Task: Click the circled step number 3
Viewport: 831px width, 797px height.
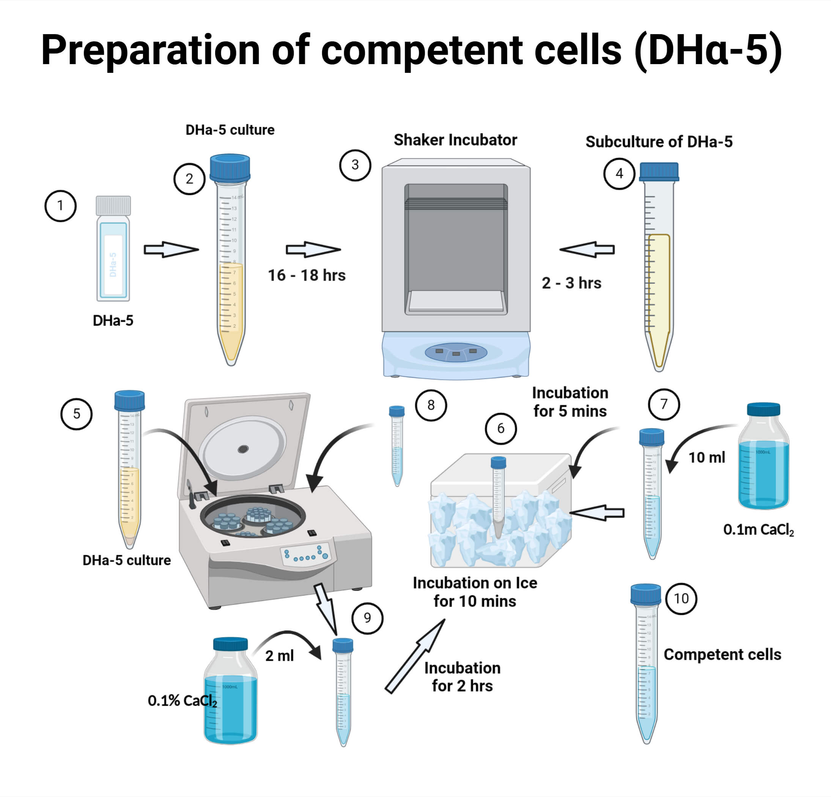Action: coord(355,165)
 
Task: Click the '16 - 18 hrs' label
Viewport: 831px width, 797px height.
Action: coord(307,275)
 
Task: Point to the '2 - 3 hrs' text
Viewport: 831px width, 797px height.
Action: coord(571,283)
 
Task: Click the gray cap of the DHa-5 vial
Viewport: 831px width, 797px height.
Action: coord(113,205)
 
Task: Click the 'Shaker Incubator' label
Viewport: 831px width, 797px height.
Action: coord(455,140)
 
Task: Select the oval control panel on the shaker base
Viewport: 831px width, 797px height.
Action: coord(456,352)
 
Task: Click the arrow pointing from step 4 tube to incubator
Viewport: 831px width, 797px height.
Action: coord(587,249)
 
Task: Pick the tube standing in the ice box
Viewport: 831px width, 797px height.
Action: coord(498,496)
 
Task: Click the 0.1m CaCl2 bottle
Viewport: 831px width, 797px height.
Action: coord(763,466)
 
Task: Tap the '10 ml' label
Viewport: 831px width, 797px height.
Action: coord(707,457)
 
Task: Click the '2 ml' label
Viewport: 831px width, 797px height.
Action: coord(279,656)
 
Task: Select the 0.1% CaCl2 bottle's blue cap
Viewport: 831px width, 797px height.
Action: coord(230,643)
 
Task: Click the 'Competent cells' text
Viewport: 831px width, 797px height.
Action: coord(722,654)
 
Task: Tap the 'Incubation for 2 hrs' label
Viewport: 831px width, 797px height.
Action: coord(462,677)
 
